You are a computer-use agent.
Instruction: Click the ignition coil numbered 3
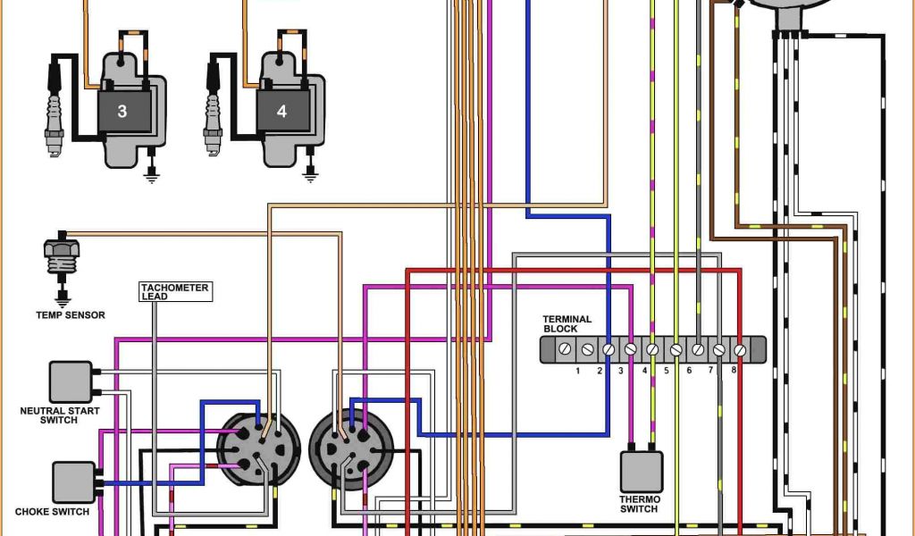122,111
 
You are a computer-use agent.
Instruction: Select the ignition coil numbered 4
282,111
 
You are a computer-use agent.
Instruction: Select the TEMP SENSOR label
71,315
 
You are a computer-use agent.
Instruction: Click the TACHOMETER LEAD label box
175,292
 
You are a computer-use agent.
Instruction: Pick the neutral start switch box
71,382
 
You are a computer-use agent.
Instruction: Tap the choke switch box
74,482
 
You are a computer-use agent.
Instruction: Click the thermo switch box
642,472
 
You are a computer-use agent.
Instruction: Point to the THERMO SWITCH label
640,505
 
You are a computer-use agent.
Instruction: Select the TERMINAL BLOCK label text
567,323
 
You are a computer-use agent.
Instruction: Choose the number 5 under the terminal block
666,370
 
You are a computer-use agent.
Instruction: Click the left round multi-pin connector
253,448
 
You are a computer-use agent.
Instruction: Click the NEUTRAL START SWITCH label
60,415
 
